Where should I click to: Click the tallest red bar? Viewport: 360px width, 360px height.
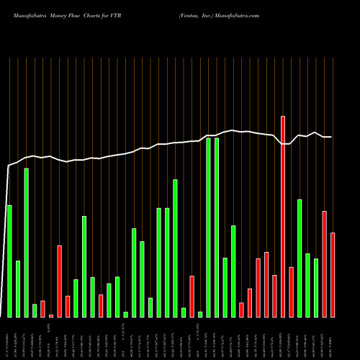coord(283,216)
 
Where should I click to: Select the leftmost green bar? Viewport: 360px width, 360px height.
coord(9,261)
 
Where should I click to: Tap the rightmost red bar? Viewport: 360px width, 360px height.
coord(333,274)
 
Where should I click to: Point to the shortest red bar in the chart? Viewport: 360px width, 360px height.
coord(51,315)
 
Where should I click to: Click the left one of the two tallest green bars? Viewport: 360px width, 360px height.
coord(208,227)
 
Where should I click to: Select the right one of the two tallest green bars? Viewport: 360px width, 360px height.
coord(216,227)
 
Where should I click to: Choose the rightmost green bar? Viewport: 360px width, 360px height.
coord(316,287)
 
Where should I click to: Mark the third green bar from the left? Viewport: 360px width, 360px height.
coord(26,243)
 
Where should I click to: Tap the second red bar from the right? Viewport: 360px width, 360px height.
coord(324,264)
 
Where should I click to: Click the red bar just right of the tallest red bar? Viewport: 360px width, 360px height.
coord(291,292)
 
